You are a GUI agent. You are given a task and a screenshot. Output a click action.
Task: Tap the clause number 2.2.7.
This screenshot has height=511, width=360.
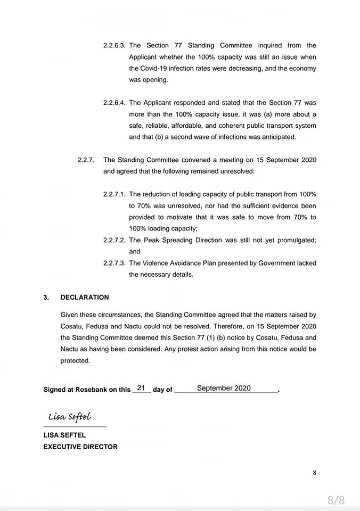coord(85,160)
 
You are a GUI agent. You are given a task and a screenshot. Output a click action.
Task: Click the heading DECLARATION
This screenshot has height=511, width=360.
coord(85,298)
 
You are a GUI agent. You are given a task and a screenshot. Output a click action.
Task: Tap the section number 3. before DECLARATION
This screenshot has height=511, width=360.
coord(46,298)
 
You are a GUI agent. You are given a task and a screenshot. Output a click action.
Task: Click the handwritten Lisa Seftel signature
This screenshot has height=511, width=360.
coord(70,417)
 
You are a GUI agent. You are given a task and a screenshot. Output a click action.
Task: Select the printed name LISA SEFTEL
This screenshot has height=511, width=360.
coord(64,435)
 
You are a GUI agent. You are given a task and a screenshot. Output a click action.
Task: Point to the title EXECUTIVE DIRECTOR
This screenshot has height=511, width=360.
coord(80,447)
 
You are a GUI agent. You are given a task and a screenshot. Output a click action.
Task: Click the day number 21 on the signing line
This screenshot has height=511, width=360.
coord(141,388)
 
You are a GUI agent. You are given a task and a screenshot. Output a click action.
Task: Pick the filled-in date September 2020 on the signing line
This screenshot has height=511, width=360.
coord(224,388)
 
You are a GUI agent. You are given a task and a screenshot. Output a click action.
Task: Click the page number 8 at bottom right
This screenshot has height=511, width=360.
coord(315,472)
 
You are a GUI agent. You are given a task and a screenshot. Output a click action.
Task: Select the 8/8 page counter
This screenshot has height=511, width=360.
coord(336,500)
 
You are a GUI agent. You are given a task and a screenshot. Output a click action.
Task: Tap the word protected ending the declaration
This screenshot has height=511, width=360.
coord(75,360)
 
